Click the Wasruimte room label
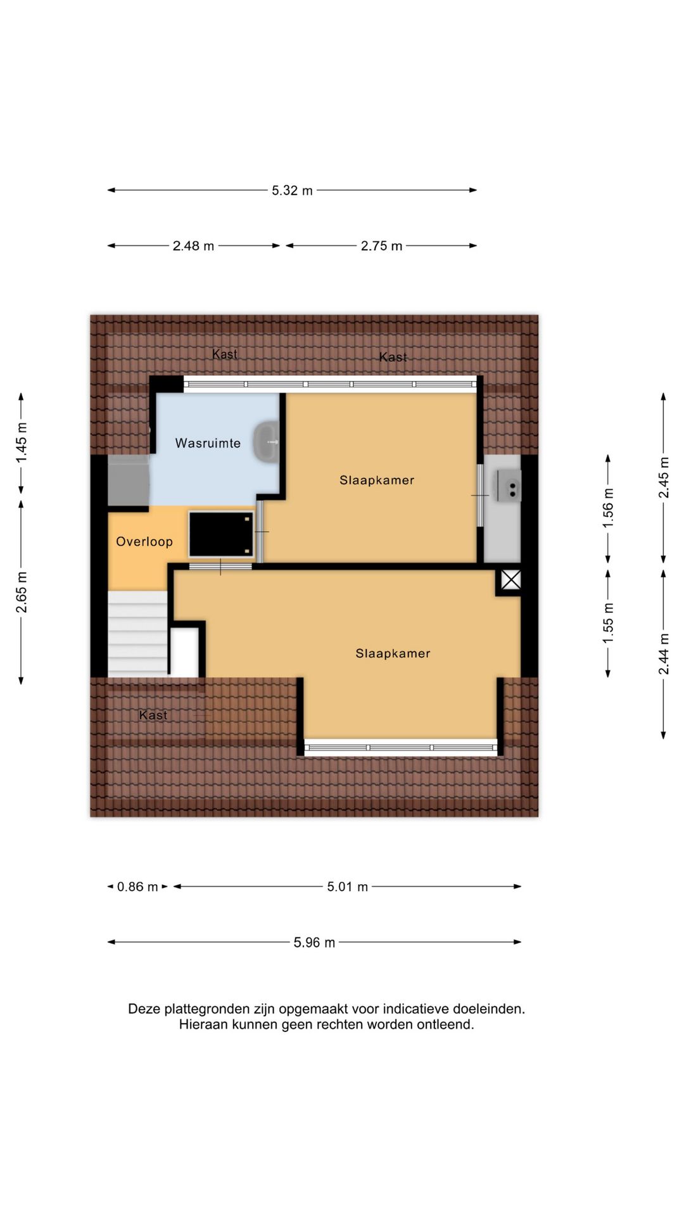[208, 443]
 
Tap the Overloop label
[144, 541]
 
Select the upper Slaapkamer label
[377, 480]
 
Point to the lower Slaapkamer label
[393, 653]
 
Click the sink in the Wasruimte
[266, 441]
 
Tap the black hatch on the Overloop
[221, 534]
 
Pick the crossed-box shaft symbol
[511, 579]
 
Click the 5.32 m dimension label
[292, 190]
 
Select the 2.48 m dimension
[193, 246]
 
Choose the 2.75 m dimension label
[381, 246]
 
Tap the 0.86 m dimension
[137, 887]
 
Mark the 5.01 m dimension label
[347, 887]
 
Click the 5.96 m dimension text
[314, 943]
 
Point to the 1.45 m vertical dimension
[22, 442]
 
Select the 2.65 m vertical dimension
[22, 593]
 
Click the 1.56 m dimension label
[608, 508]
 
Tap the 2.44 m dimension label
[664, 654]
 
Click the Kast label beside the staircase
[153, 715]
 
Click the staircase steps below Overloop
[137, 634]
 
